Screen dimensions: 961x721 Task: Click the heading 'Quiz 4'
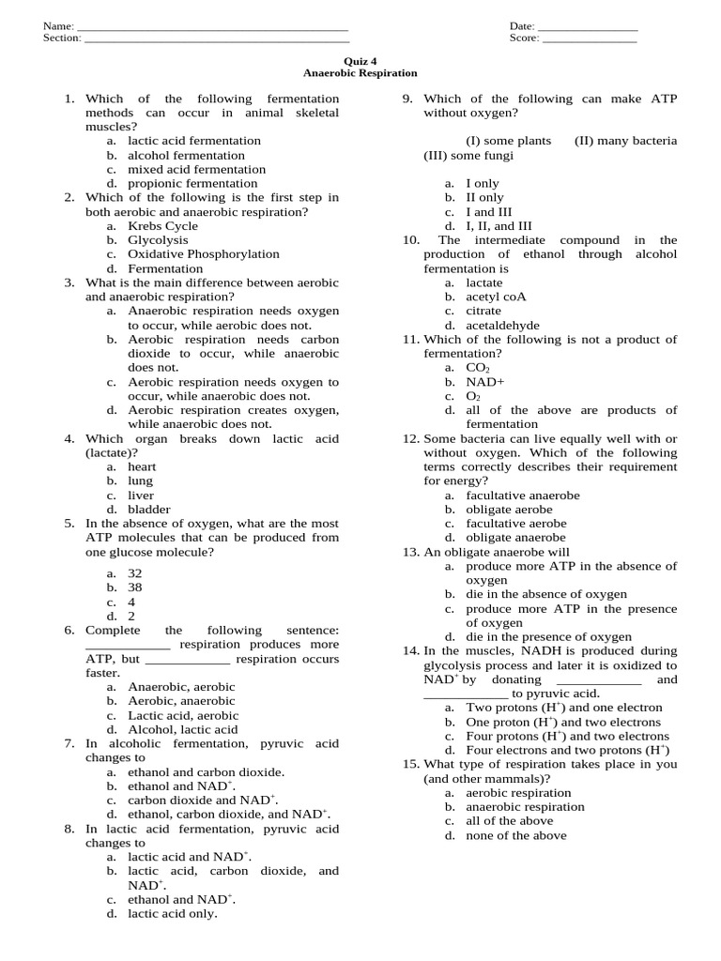pyautogui.click(x=360, y=59)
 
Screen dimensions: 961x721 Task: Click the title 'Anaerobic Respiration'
pyautogui.click(x=360, y=72)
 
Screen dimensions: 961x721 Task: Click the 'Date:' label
pyautogui.click(x=522, y=26)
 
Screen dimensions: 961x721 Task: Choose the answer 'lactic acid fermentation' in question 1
pyautogui.click(x=194, y=141)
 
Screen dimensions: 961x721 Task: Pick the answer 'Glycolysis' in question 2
pyautogui.click(x=158, y=240)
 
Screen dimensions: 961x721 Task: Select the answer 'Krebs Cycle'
pyautogui.click(x=162, y=226)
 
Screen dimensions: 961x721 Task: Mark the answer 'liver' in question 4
pyautogui.click(x=141, y=496)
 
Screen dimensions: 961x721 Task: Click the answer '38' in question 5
pyautogui.click(x=135, y=587)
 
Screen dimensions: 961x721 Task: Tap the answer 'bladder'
pyautogui.click(x=149, y=510)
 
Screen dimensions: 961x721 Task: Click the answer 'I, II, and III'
pyautogui.click(x=499, y=226)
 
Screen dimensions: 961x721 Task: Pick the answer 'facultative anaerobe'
pyautogui.click(x=523, y=496)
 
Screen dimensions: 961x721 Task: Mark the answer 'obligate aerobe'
pyautogui.click(x=509, y=510)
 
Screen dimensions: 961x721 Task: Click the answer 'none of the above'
pyautogui.click(x=515, y=835)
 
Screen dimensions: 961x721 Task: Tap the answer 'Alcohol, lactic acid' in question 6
pyautogui.click(x=183, y=729)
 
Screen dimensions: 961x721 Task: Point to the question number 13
pyautogui.click(x=410, y=552)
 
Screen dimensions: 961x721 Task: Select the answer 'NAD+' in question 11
pyautogui.click(x=485, y=382)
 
